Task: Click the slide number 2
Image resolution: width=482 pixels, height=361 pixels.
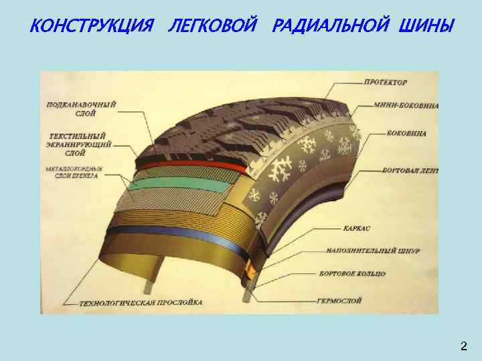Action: [463, 346]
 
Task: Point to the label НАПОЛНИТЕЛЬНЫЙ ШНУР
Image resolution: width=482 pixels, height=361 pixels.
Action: [374, 251]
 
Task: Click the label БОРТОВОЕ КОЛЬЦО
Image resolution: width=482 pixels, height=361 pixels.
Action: [356, 274]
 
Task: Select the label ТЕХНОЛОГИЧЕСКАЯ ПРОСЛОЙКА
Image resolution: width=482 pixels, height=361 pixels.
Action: [141, 303]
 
